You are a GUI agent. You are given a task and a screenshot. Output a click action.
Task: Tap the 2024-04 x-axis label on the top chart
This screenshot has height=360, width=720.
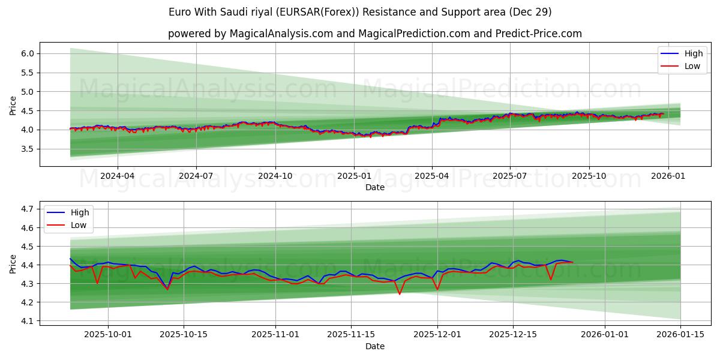(x=117, y=176)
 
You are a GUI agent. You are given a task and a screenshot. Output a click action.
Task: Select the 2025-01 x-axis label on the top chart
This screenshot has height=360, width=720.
(x=353, y=176)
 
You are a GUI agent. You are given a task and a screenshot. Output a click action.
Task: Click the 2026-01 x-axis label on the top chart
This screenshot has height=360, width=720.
(x=668, y=176)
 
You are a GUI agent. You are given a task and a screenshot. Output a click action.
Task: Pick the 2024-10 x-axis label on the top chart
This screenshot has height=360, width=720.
(x=275, y=176)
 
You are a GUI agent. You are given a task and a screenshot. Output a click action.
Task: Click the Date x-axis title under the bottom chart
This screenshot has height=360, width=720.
(x=375, y=346)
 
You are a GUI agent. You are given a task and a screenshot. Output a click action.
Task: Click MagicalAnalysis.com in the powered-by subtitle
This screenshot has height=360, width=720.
(x=281, y=34)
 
